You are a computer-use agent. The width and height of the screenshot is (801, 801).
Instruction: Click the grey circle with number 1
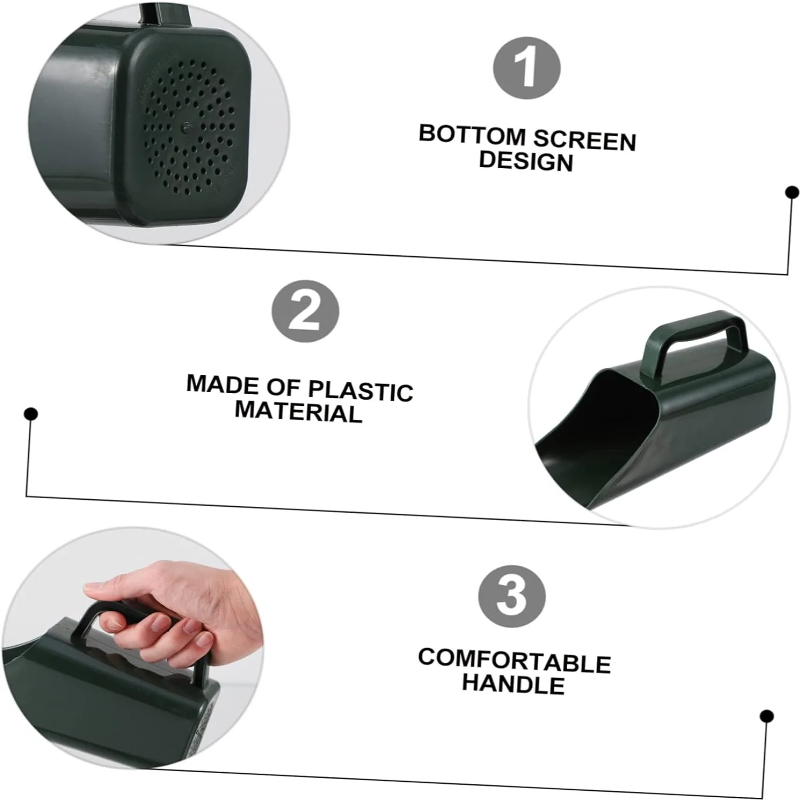point(527,68)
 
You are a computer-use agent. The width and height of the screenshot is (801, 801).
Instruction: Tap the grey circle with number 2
point(305,311)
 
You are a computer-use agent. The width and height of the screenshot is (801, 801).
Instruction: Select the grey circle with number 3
point(512,596)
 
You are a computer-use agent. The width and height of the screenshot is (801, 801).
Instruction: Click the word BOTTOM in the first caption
point(472,135)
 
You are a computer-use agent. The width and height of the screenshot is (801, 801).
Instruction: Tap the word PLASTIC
point(360,391)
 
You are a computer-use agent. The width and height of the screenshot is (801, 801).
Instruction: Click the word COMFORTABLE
point(514,661)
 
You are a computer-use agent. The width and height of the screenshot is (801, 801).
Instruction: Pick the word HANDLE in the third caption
point(513,684)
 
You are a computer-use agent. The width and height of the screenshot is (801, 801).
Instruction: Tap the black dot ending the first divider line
point(792,192)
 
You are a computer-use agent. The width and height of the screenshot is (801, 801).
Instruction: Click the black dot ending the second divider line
point(32,414)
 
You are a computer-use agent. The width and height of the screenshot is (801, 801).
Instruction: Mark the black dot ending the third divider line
point(767,716)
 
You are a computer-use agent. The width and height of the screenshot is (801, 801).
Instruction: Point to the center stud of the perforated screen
point(185,128)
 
